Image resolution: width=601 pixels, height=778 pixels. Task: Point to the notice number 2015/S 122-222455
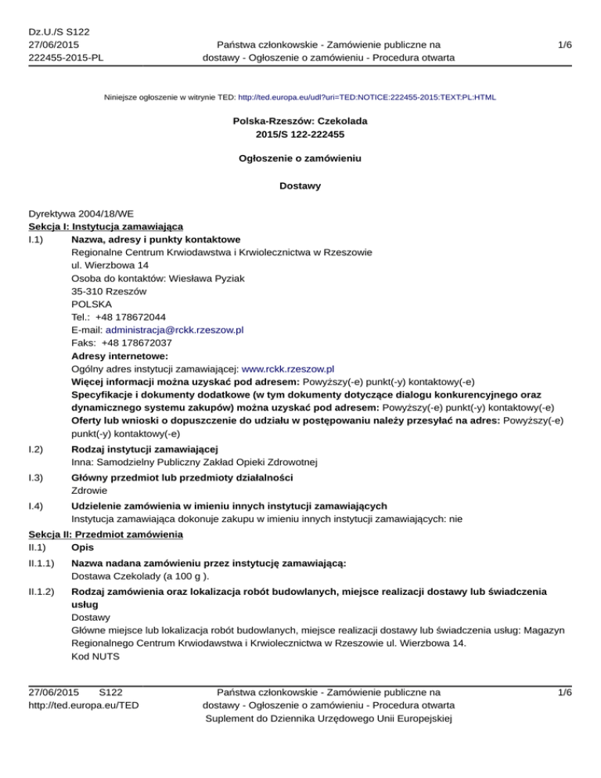click(300, 135)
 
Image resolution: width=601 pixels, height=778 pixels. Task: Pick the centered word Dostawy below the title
click(300, 186)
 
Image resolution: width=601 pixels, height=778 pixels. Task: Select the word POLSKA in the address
click(91, 305)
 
